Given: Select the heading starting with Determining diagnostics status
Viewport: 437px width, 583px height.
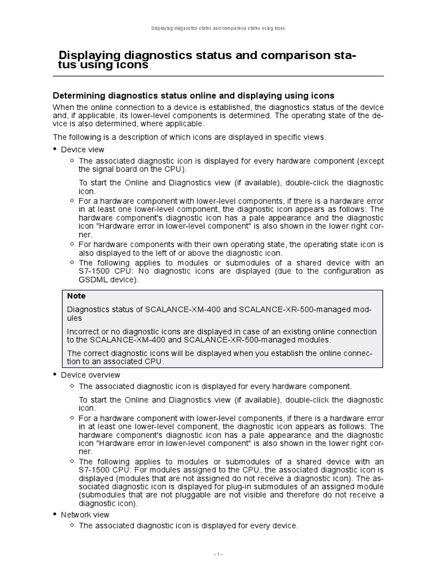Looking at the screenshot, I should coord(193,95).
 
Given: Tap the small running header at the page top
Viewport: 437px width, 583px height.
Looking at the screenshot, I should coord(218,27).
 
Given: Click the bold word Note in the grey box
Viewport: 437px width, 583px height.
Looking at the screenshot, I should coord(76,296).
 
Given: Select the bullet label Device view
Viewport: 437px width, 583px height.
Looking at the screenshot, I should coord(83,149).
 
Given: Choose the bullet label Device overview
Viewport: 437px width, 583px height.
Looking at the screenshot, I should coord(90,375).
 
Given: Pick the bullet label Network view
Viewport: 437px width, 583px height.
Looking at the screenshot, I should coord(86,514).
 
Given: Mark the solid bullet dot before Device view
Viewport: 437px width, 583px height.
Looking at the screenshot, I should coord(55,149).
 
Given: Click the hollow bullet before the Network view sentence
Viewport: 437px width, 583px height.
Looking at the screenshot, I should coord(72,525).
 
